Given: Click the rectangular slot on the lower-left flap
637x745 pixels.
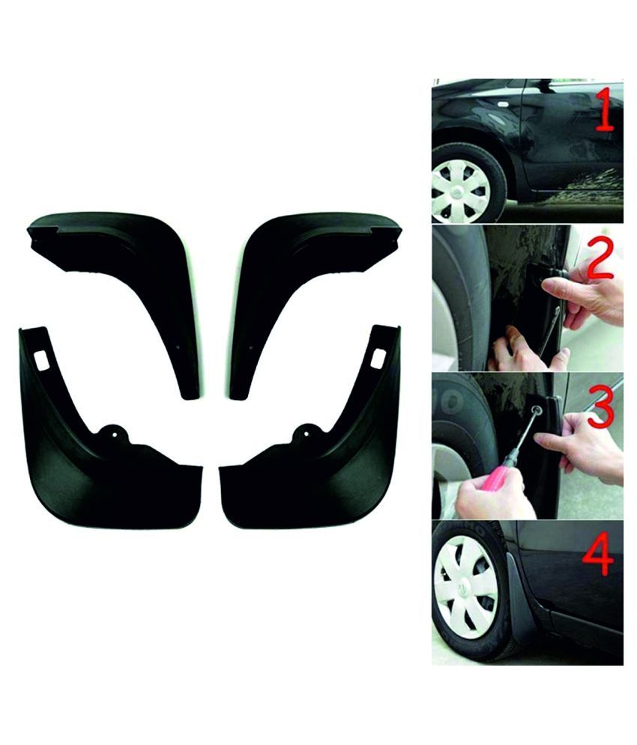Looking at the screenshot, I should tap(40, 359).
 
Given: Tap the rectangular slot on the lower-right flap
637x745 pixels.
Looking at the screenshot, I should tap(378, 358).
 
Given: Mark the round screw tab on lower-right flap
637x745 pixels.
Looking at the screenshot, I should tap(306, 431).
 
